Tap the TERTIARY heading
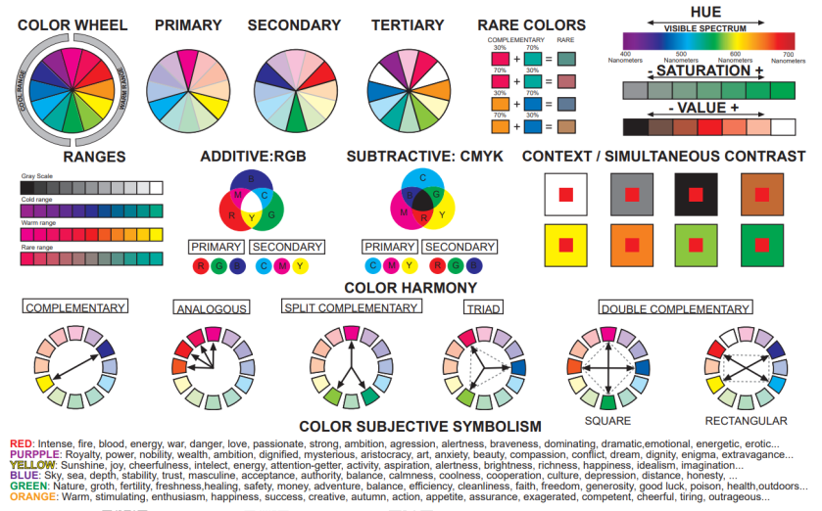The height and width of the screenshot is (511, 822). click(x=406, y=24)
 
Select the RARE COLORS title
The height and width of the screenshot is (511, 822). click(x=531, y=24)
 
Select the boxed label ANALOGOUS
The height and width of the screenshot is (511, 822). click(x=211, y=308)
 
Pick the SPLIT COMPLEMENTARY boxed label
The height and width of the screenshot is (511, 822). click(x=351, y=307)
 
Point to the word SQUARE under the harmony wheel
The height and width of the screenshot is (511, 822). click(x=607, y=420)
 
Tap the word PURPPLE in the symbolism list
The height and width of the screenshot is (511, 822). click(x=32, y=454)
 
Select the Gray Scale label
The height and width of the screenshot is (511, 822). click(x=37, y=177)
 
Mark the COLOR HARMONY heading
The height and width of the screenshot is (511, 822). click(x=410, y=288)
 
